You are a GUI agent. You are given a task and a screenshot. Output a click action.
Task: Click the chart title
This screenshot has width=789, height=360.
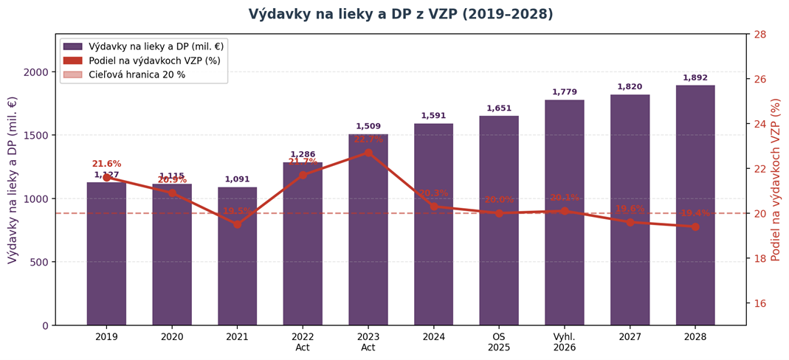point(400,15)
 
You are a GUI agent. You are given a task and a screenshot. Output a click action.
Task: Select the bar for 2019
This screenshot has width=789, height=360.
point(106,255)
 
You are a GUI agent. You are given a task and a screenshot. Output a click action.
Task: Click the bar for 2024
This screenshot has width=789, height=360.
point(433,224)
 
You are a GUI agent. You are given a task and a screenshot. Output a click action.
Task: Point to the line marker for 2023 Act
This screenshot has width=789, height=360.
point(368,153)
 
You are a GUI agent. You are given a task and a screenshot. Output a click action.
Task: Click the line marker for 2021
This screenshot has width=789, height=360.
point(237,224)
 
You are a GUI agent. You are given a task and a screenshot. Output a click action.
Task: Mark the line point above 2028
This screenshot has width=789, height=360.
point(695,226)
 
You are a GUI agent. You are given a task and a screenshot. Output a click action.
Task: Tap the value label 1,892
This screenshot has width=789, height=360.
point(695,78)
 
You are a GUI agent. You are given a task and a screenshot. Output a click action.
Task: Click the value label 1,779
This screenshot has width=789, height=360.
point(565,92)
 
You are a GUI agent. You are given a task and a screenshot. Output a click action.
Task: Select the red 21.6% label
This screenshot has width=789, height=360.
point(106,164)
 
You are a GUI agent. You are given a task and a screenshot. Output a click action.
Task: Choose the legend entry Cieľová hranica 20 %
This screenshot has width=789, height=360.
point(137,75)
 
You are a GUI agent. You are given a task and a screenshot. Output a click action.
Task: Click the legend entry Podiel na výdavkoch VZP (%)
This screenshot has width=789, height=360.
point(154,60)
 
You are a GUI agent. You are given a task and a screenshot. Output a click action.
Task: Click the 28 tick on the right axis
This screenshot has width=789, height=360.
point(759,34)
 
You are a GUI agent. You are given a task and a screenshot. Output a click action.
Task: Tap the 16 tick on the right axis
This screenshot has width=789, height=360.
point(759,303)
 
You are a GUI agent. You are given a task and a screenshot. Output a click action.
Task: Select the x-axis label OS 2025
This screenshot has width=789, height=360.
point(499,342)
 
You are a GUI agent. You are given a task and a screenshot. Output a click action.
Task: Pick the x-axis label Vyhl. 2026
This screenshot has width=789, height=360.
point(565,342)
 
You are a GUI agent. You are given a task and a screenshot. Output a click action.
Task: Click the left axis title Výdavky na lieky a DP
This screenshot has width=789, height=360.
point(13,180)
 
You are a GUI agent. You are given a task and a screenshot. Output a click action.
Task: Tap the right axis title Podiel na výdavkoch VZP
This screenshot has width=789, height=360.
point(776,180)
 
